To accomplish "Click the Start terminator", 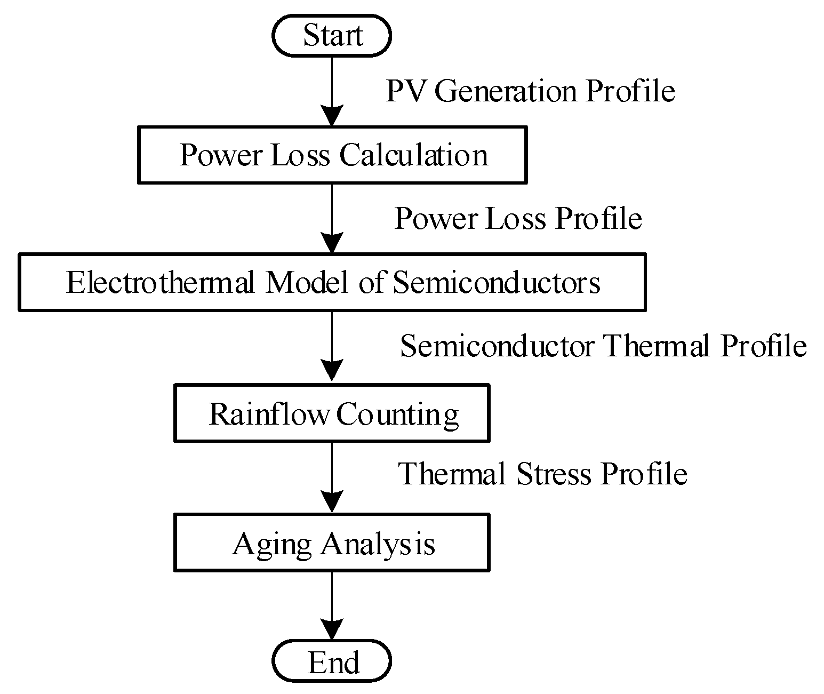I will pyautogui.click(x=332, y=35).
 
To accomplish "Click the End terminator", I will pyautogui.click(x=332, y=661).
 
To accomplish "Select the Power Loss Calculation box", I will pyautogui.click(x=332, y=155).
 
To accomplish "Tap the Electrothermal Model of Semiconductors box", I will pyautogui.click(x=332, y=282).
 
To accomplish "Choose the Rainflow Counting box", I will pyautogui.click(x=332, y=413).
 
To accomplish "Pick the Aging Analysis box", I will pyautogui.click(x=332, y=543).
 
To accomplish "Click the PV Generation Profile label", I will pyautogui.click(x=530, y=91).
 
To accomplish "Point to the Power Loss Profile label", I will pyautogui.click(x=518, y=218).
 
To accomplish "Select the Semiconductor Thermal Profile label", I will pyautogui.click(x=603, y=346).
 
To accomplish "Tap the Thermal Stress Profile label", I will pyautogui.click(x=542, y=473).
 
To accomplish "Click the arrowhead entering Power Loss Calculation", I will pyautogui.click(x=332, y=117).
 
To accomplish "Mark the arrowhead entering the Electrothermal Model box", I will pyautogui.click(x=332, y=244).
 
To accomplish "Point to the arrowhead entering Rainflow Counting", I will pyautogui.click(x=332, y=371).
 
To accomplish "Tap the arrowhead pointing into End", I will pyautogui.click(x=332, y=629).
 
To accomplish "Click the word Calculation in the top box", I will pyautogui.click(x=413, y=155).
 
